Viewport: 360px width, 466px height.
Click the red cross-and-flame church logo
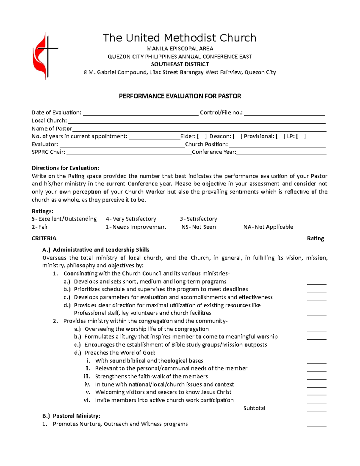pos(44,56)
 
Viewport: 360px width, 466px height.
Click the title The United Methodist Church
pos(179,38)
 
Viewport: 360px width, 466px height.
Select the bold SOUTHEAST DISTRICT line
pos(180,64)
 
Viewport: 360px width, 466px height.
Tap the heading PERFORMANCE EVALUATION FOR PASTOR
pos(180,96)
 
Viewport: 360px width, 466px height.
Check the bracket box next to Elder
pos(202,137)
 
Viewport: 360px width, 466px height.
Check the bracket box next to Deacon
pos(237,137)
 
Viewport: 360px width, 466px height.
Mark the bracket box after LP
pos(301,137)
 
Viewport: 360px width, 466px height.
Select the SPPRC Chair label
pos(48,152)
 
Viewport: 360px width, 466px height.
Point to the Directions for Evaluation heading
pos(65,168)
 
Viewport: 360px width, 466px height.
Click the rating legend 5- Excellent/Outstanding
pos(64,219)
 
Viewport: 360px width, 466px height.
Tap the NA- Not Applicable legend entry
pos(268,227)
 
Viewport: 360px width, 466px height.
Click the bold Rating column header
pos(315,238)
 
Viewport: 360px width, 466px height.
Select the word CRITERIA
pos(44,238)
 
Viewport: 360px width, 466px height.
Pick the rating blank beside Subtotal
pos(316,409)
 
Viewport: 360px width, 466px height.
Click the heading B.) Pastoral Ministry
pos(71,416)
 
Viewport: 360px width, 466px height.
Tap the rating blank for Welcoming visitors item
pos(316,393)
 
